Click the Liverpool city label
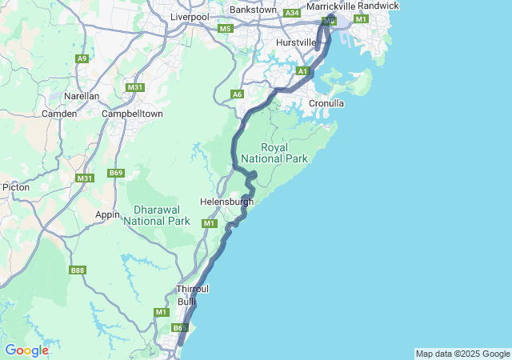(x=189, y=16)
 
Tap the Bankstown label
(x=252, y=10)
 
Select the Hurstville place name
(x=296, y=42)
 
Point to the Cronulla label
(x=326, y=103)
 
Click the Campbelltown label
(x=132, y=114)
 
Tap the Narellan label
(x=82, y=96)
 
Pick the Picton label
(x=16, y=187)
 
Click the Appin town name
(x=107, y=214)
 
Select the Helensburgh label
(x=226, y=202)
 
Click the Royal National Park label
(x=285, y=153)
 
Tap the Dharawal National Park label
(x=157, y=214)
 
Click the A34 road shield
(x=292, y=13)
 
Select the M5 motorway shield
(x=225, y=29)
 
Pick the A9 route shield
(x=82, y=58)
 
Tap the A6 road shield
(x=237, y=94)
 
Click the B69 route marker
(x=117, y=173)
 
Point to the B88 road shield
(x=78, y=270)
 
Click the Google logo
(x=26, y=350)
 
